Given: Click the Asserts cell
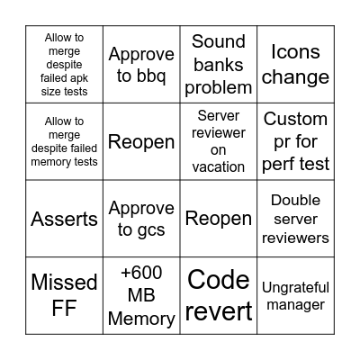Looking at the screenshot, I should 64,219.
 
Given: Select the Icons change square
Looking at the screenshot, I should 295,64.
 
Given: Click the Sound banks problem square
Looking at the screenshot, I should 218,64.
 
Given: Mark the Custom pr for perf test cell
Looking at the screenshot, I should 295,141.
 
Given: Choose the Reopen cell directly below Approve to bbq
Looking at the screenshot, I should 141,141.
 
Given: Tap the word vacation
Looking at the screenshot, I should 219,166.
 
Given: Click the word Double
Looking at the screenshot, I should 295,201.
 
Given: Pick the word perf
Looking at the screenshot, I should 285,164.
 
